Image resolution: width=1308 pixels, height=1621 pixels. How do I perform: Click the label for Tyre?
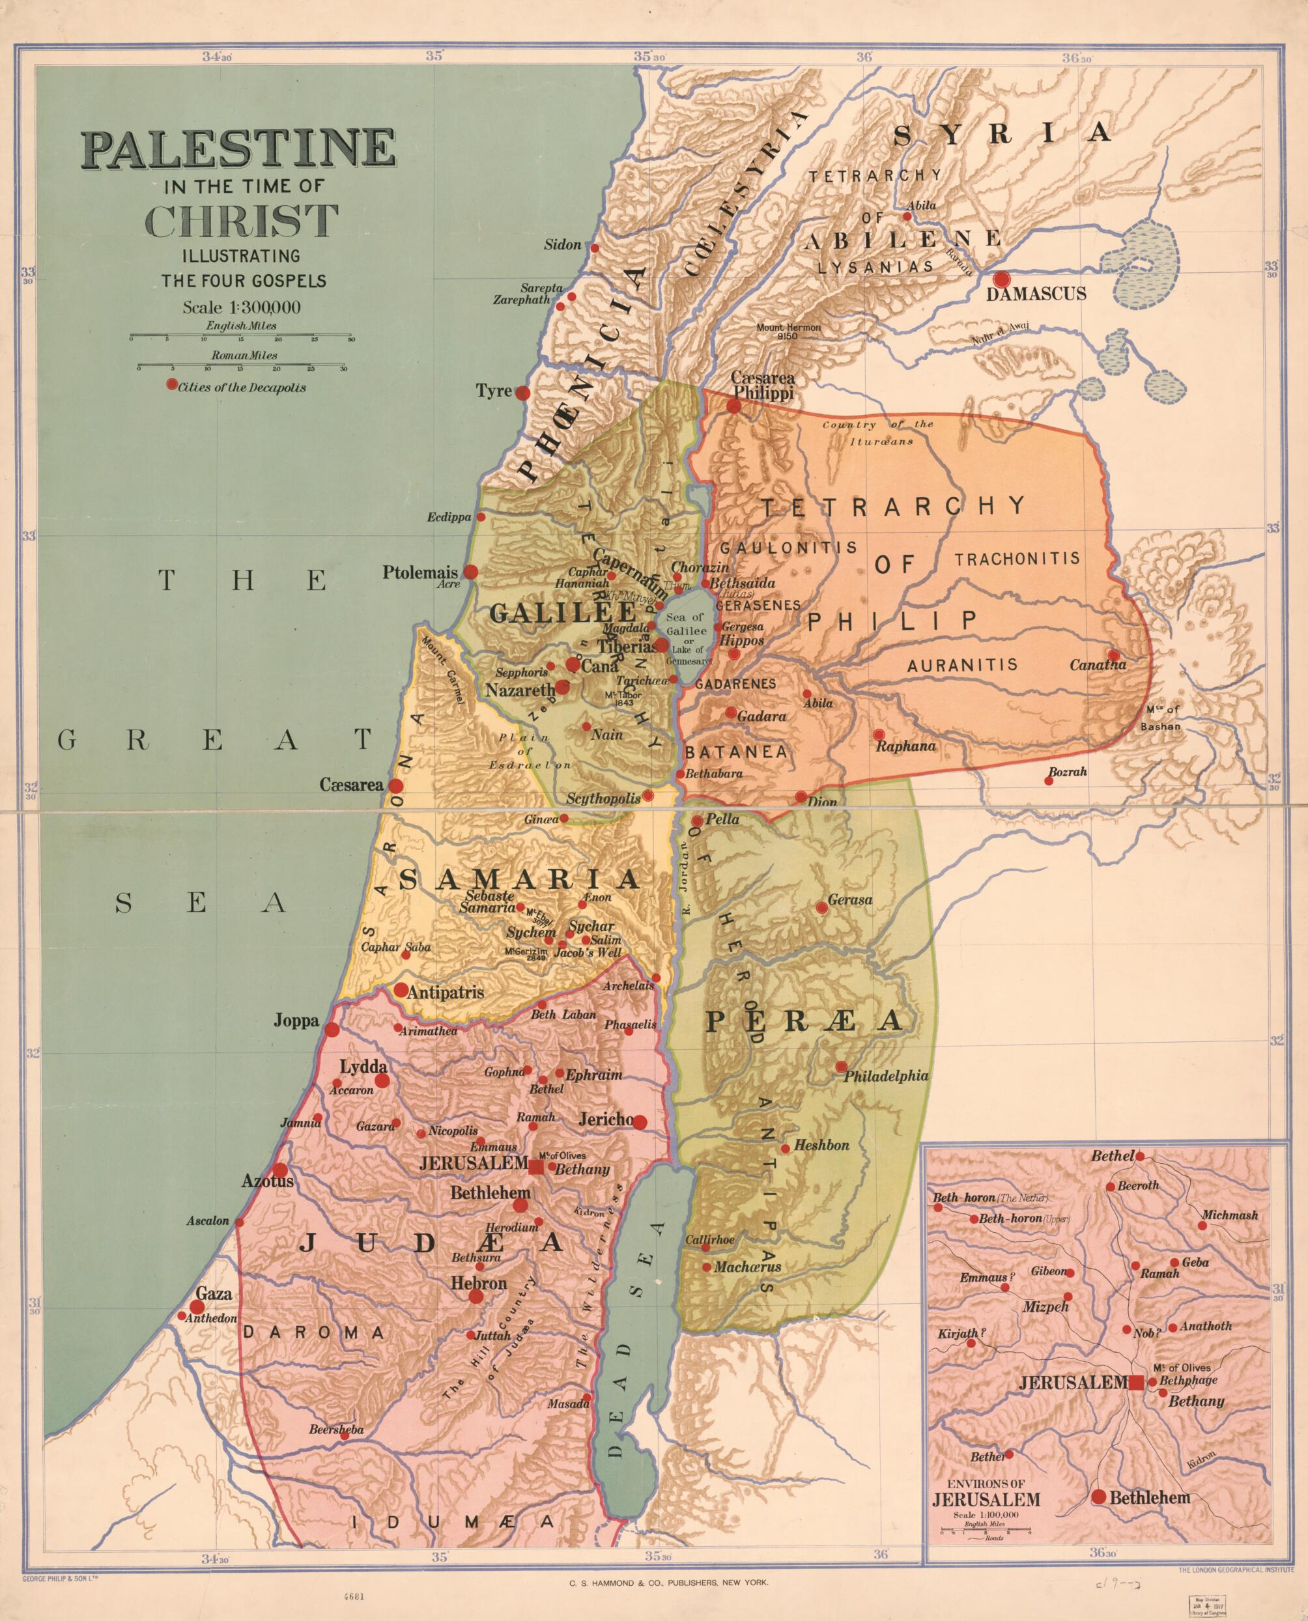click(494, 391)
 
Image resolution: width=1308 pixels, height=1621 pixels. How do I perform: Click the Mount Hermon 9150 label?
click(789, 331)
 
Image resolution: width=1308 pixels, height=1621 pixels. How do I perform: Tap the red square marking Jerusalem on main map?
click(535, 1168)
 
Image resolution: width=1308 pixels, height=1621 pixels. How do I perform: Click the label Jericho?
click(605, 1120)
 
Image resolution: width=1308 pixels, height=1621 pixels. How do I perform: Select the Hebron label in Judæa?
click(478, 1283)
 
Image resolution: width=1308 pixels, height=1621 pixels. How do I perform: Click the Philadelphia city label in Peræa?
click(885, 1077)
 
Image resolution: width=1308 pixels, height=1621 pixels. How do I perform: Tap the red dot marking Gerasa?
click(821, 909)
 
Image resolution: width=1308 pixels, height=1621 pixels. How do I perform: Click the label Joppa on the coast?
click(296, 1023)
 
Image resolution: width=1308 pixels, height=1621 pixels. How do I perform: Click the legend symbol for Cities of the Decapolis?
click(172, 384)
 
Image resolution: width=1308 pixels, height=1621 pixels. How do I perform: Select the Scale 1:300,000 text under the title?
click(242, 307)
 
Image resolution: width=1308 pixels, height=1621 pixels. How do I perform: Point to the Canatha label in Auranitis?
click(1097, 665)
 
